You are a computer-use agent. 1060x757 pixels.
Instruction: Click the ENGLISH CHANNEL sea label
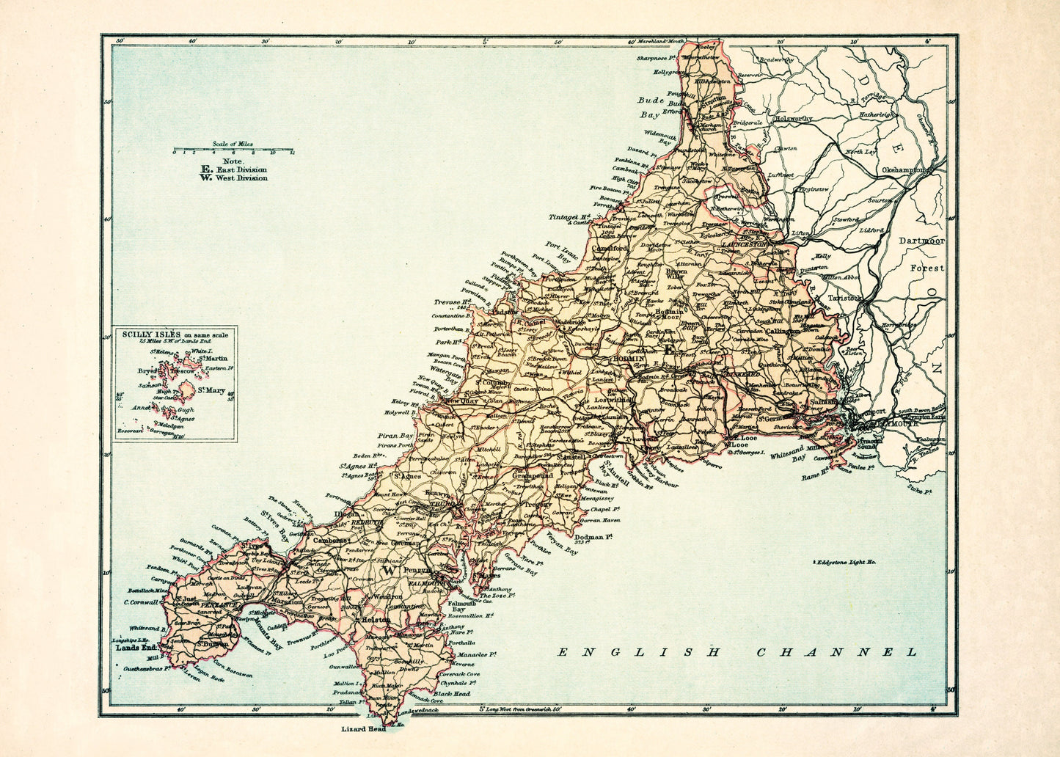[737, 651]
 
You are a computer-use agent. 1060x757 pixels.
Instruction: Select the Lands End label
[137, 648]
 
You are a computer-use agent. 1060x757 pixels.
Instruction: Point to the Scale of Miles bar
[233, 151]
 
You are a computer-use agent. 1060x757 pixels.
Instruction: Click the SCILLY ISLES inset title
[175, 335]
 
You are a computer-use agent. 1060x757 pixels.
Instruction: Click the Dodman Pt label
[594, 537]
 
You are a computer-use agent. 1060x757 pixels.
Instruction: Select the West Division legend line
[234, 178]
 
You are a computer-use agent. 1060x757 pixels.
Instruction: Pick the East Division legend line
[234, 169]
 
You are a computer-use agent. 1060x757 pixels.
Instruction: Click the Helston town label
[376, 620]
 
